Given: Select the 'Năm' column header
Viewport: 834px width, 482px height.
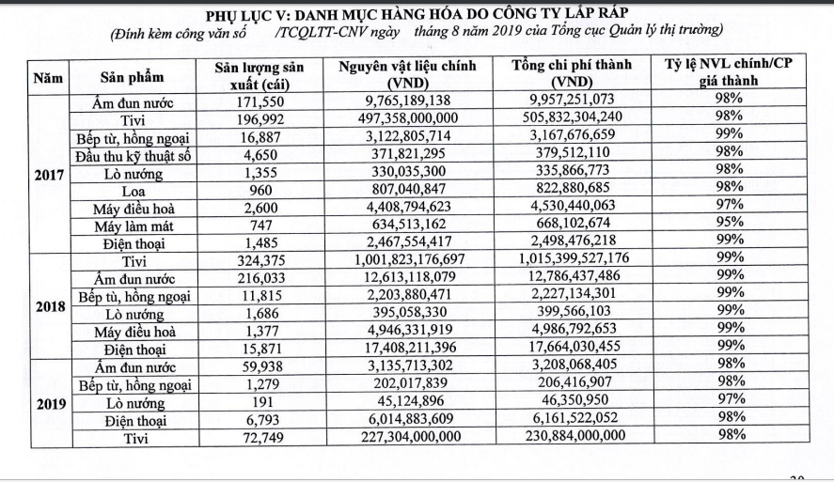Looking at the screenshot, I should pyautogui.click(x=48, y=75).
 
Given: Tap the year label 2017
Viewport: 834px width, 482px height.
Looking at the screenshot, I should pyautogui.click(x=47, y=175).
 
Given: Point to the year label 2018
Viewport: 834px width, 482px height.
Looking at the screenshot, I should pyautogui.click(x=47, y=306).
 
